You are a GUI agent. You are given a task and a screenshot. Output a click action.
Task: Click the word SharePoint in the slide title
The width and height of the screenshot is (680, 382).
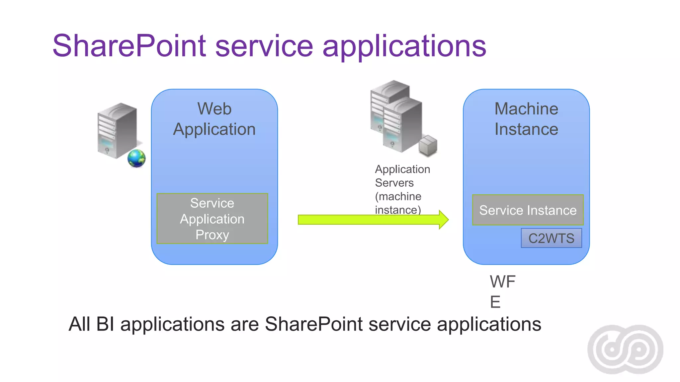click(129, 46)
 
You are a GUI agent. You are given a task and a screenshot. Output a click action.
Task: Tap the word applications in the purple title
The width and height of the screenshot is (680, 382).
click(404, 46)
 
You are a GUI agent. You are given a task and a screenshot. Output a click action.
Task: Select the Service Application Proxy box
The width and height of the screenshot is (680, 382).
click(212, 219)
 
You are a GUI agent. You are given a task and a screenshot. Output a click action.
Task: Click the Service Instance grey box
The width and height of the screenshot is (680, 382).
click(528, 210)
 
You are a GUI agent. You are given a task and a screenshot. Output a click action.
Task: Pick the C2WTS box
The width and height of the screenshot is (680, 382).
click(551, 238)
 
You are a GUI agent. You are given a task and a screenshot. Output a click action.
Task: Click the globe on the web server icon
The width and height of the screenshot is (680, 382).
click(136, 158)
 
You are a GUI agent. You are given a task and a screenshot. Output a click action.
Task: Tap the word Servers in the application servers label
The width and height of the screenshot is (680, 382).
click(394, 183)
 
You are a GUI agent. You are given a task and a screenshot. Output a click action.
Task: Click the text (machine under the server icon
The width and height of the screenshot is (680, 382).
click(398, 196)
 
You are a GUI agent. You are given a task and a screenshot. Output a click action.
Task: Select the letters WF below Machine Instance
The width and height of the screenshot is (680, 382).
click(502, 282)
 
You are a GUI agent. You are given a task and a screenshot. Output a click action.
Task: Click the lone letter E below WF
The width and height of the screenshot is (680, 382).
click(495, 302)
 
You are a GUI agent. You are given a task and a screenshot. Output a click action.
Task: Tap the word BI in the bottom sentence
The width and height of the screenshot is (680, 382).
click(105, 324)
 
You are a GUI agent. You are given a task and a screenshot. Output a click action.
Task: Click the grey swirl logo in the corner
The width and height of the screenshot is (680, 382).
click(625, 349)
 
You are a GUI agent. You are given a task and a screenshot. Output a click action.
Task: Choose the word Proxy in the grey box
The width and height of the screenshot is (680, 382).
click(212, 235)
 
